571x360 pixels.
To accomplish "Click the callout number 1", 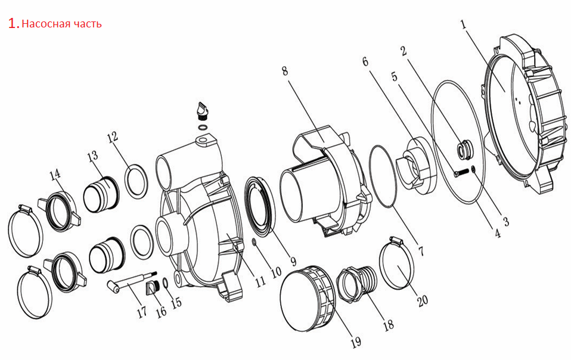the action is [463, 25].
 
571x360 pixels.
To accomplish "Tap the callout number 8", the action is [285, 70].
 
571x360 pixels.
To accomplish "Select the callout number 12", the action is [113, 137].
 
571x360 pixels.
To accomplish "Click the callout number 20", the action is [423, 300].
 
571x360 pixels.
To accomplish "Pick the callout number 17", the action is [142, 311].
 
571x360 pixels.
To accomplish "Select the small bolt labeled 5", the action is [461, 172].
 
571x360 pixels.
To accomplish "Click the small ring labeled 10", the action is [255, 242].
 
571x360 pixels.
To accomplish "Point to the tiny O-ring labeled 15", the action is [165, 283].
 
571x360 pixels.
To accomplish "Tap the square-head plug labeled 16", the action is [153, 287].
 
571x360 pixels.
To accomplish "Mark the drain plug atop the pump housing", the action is [201, 111].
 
